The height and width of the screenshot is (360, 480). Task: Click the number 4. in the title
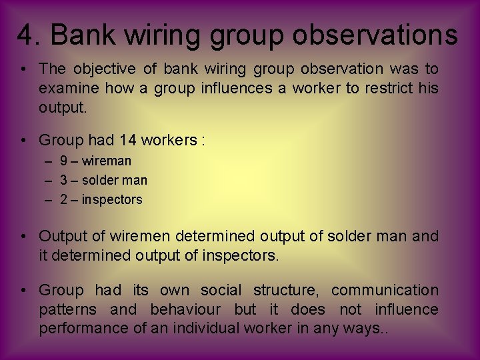[29, 35]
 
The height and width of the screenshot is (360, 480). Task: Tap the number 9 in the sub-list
[63, 161]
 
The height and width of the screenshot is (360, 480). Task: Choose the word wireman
[107, 161]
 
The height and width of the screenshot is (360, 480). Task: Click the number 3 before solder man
[63, 180]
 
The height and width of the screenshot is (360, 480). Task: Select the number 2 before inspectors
[63, 199]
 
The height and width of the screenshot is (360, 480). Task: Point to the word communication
[385, 291]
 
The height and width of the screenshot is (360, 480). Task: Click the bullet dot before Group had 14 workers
[23, 141]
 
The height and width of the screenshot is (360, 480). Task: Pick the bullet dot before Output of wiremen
[23, 237]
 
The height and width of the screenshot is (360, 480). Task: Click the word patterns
[67, 309]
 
